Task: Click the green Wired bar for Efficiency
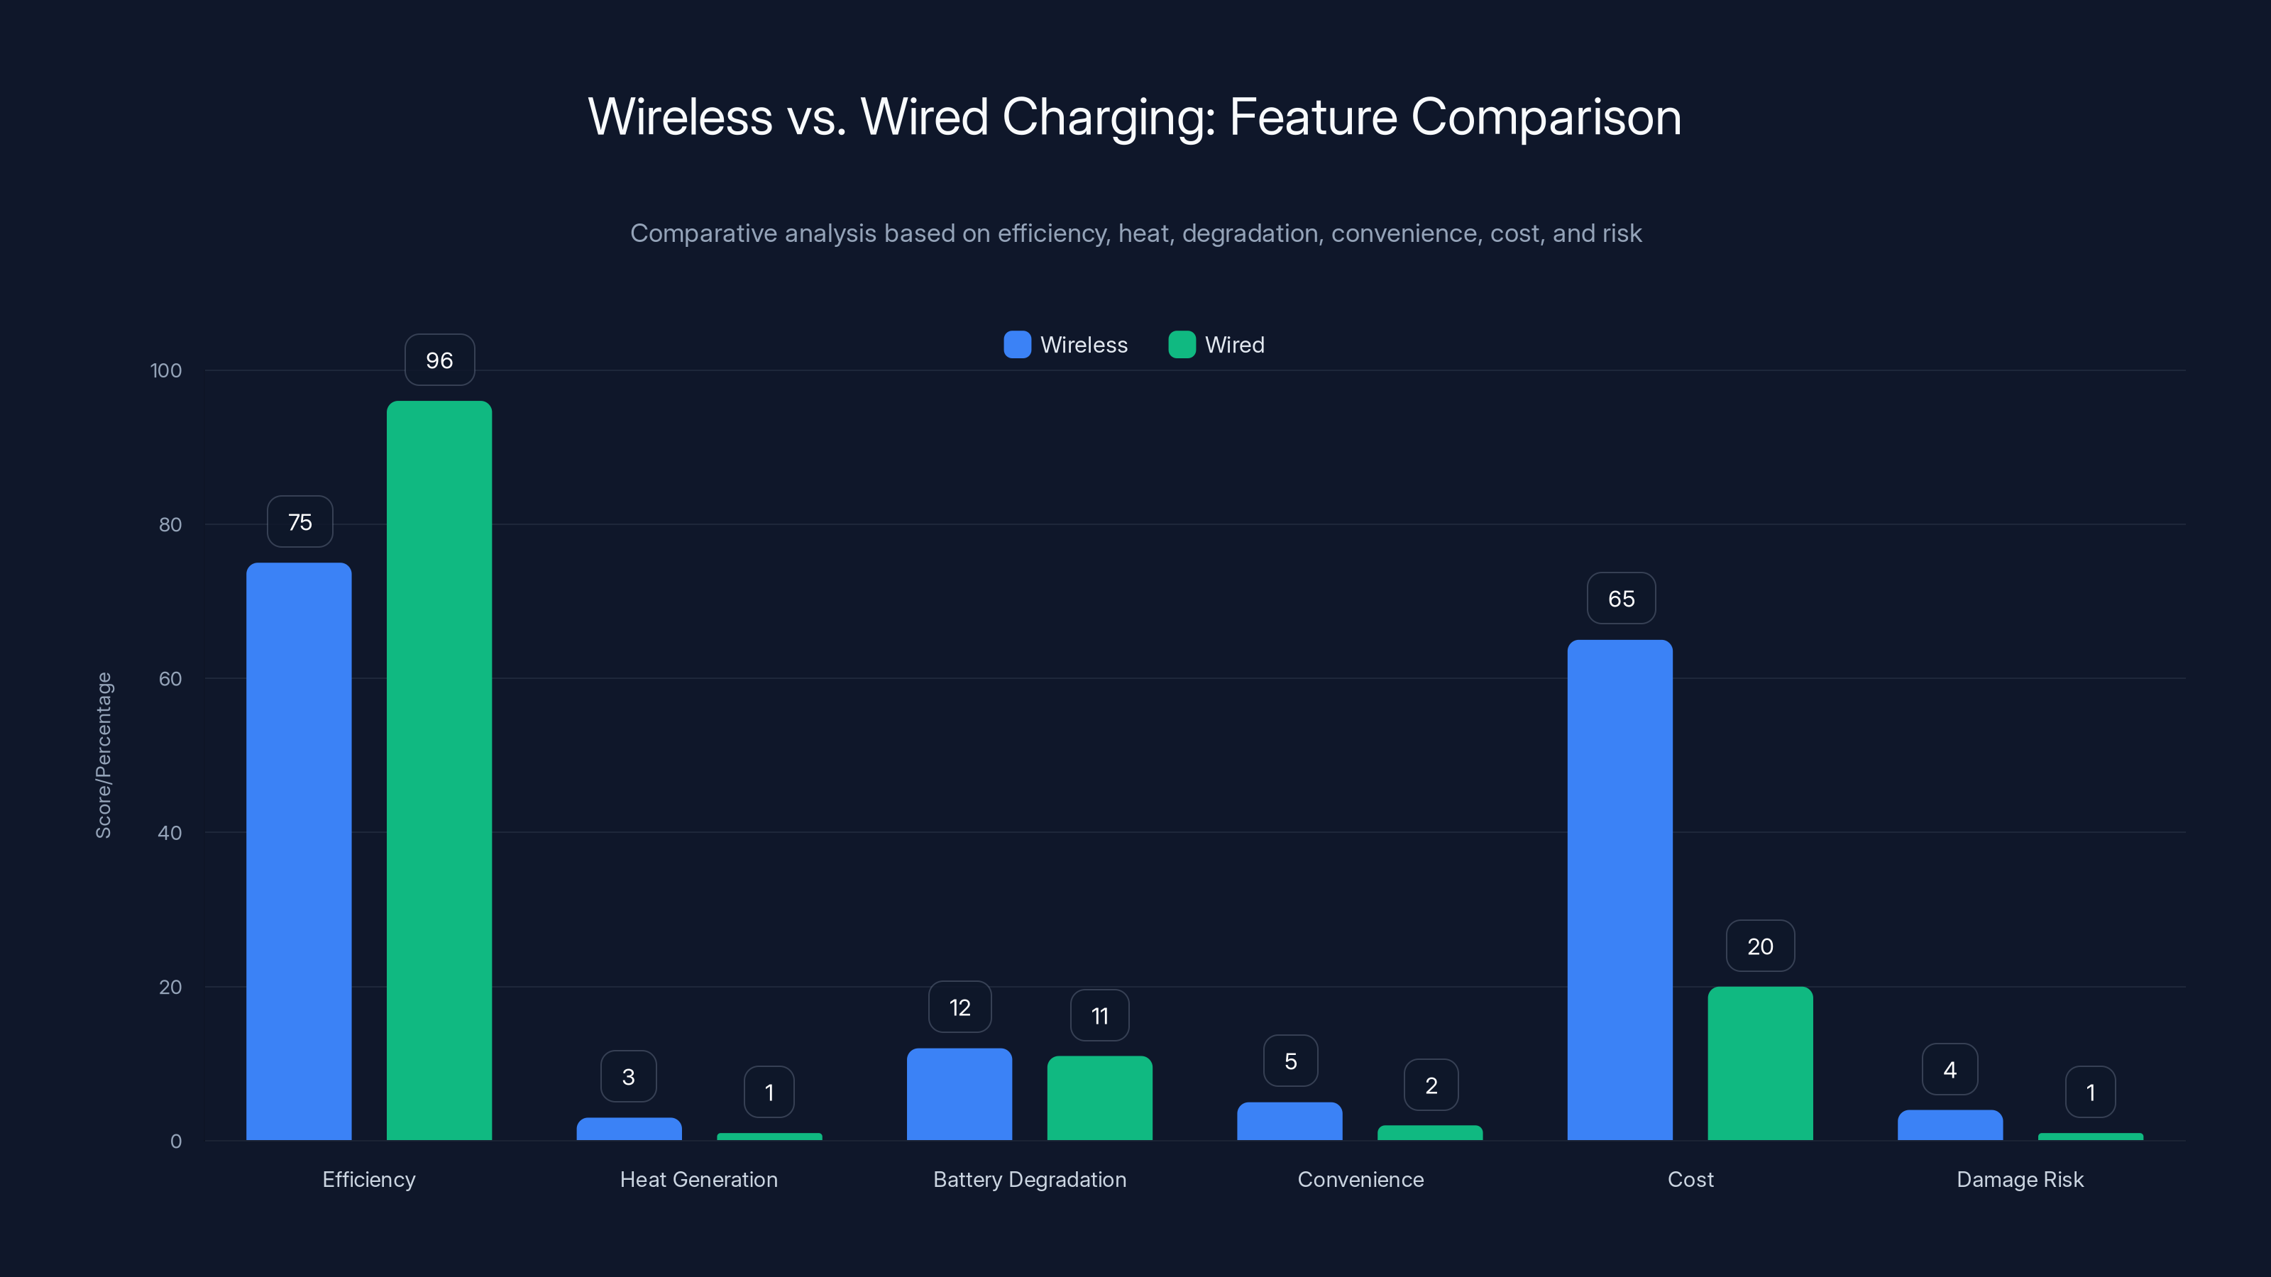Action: tap(439, 770)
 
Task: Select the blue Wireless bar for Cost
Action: tap(1620, 890)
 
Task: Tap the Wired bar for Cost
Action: tap(1760, 1063)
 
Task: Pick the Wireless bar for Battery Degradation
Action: tap(959, 1094)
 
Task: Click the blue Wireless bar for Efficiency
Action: tap(299, 851)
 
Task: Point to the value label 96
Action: tap(439, 360)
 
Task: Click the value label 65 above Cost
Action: tap(1620, 599)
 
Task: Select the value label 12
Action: tap(959, 1007)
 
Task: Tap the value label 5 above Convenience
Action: tap(1290, 1061)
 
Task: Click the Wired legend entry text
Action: tap(1234, 345)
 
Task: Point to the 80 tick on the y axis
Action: tap(170, 525)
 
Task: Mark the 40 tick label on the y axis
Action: tap(170, 833)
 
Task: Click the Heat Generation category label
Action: tap(698, 1179)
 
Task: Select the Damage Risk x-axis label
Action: tap(2020, 1179)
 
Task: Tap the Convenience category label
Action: tap(1360, 1179)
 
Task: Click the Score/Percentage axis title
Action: tap(104, 756)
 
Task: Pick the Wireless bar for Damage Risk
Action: tap(1950, 1125)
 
